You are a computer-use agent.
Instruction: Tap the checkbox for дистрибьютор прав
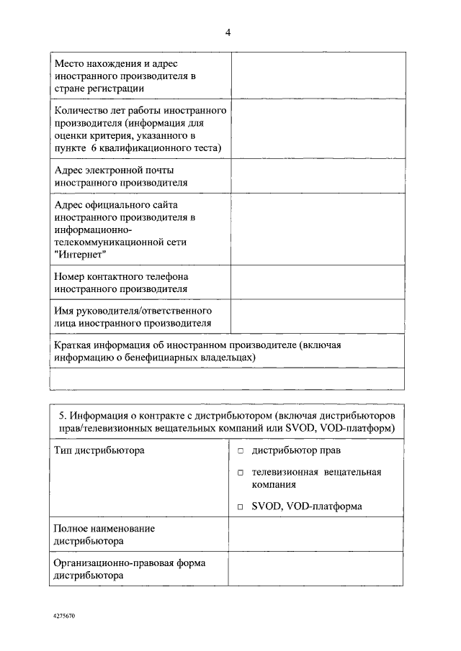[x=241, y=451]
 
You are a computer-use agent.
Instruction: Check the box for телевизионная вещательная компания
[x=241, y=473]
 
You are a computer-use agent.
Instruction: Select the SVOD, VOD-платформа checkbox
[x=241, y=507]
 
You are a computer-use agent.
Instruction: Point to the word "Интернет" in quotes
[x=80, y=255]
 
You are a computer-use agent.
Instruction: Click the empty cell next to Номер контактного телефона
[x=317, y=283]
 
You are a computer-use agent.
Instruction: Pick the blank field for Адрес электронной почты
[x=317, y=176]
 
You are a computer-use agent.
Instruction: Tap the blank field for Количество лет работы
[x=317, y=129]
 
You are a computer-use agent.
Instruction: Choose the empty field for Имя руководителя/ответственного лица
[x=317, y=317]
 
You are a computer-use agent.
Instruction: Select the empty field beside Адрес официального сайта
[x=317, y=229]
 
